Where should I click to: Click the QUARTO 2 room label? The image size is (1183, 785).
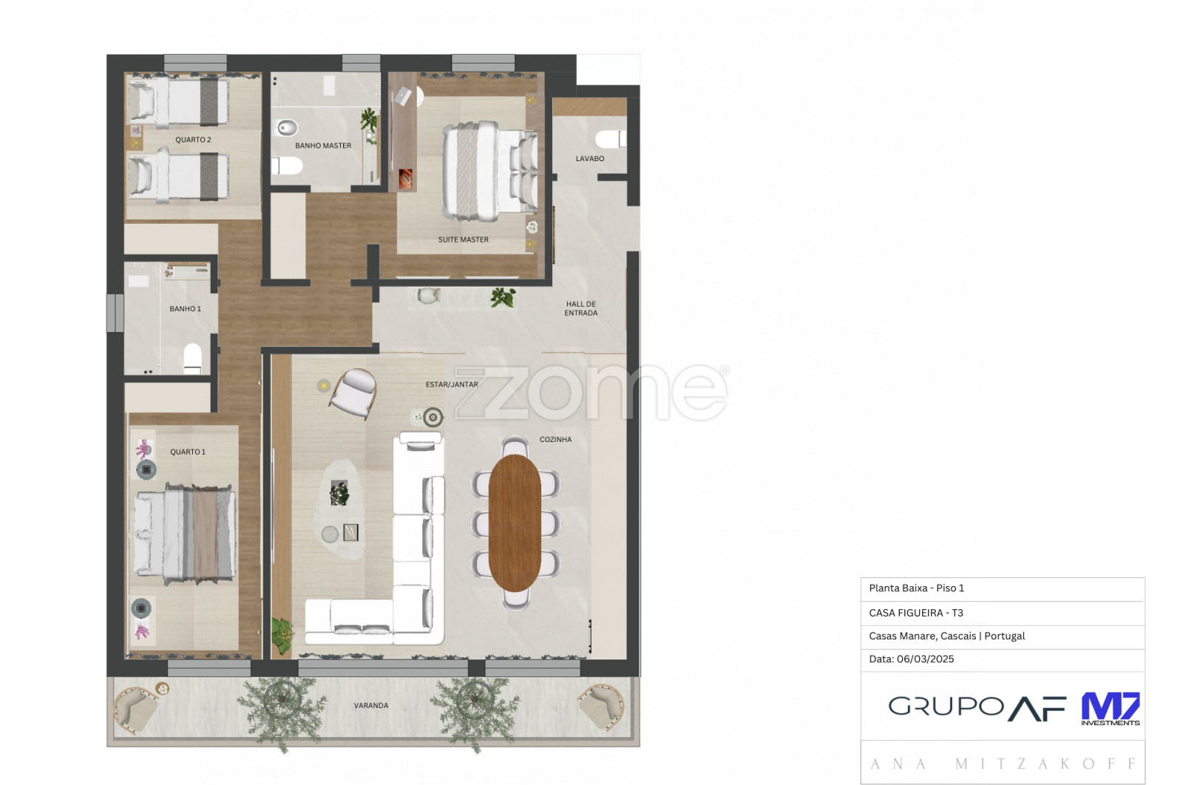(x=193, y=140)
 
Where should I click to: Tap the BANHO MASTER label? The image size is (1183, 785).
(x=323, y=146)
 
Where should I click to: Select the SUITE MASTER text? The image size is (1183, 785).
(x=463, y=239)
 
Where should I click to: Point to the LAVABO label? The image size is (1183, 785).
(x=590, y=158)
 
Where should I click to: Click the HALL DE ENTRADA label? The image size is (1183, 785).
(x=581, y=308)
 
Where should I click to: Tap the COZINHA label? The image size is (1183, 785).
(x=555, y=439)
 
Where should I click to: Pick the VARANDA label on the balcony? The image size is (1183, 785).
(x=371, y=705)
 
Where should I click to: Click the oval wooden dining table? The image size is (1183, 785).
(x=515, y=523)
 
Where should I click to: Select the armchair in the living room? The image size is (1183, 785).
(x=353, y=393)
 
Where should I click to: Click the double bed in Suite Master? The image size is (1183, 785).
(x=489, y=171)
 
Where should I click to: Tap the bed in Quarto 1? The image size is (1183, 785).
(x=184, y=533)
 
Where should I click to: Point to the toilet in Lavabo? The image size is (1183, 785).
(x=611, y=140)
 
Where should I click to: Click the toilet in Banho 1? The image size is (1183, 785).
(x=193, y=358)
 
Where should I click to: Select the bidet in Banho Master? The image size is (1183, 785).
(x=288, y=127)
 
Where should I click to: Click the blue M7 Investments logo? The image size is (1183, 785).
(x=1110, y=709)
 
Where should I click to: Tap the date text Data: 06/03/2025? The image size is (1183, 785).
(x=912, y=659)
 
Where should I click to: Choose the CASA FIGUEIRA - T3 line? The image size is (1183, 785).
(x=916, y=613)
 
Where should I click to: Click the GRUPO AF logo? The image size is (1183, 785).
(x=977, y=708)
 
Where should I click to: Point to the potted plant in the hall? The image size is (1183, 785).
(x=503, y=297)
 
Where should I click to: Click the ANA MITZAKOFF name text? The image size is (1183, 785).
(x=1003, y=764)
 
